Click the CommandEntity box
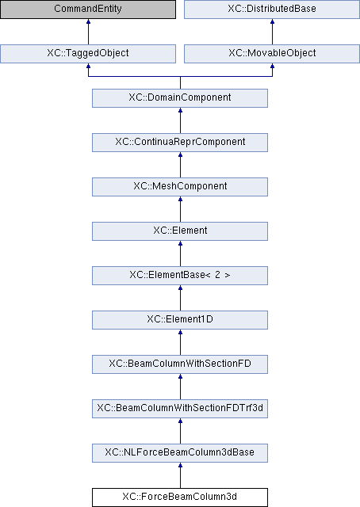[88, 9]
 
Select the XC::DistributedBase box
[272, 9]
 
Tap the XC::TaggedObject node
[88, 54]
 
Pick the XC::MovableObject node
[272, 54]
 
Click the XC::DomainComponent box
[180, 98]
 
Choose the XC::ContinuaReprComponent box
[180, 143]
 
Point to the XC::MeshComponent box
[180, 187]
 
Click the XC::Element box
[180, 231]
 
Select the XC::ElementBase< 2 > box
[180, 276]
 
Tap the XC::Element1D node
[180, 320]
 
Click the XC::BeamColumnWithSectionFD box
[180, 364]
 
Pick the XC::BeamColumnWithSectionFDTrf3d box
[180, 409]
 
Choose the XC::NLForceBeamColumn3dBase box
[180, 453]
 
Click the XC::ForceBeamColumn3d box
[180, 497]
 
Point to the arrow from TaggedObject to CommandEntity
[88, 32]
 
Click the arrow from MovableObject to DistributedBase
[272, 32]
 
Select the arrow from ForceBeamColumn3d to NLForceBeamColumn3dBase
[180, 475]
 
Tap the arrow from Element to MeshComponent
[180, 209]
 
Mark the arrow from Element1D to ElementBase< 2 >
[180, 298]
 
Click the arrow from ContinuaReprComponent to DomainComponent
[180, 120]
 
